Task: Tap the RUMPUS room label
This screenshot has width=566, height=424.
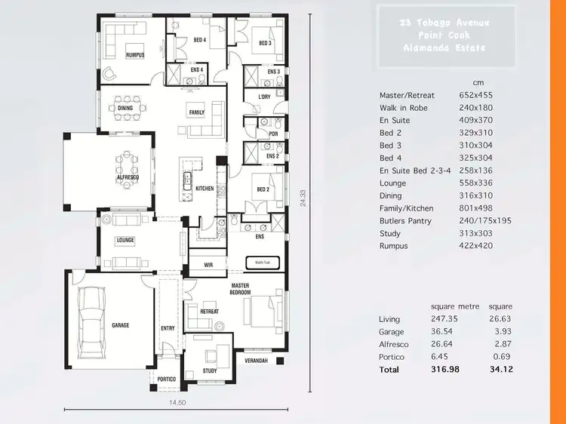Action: click(x=135, y=54)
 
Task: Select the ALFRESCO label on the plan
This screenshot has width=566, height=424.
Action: click(x=126, y=177)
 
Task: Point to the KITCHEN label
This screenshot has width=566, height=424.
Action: click(x=205, y=188)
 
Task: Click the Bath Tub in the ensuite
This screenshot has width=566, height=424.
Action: click(x=261, y=263)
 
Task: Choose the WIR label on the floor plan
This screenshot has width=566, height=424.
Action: click(x=209, y=266)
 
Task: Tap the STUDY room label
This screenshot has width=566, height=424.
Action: click(x=210, y=370)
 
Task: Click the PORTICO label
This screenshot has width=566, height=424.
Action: click(x=166, y=379)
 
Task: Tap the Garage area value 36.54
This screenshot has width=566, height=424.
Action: click(x=444, y=332)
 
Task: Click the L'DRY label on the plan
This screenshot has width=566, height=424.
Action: click(x=264, y=97)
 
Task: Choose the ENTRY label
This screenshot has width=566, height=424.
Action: click(x=168, y=328)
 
